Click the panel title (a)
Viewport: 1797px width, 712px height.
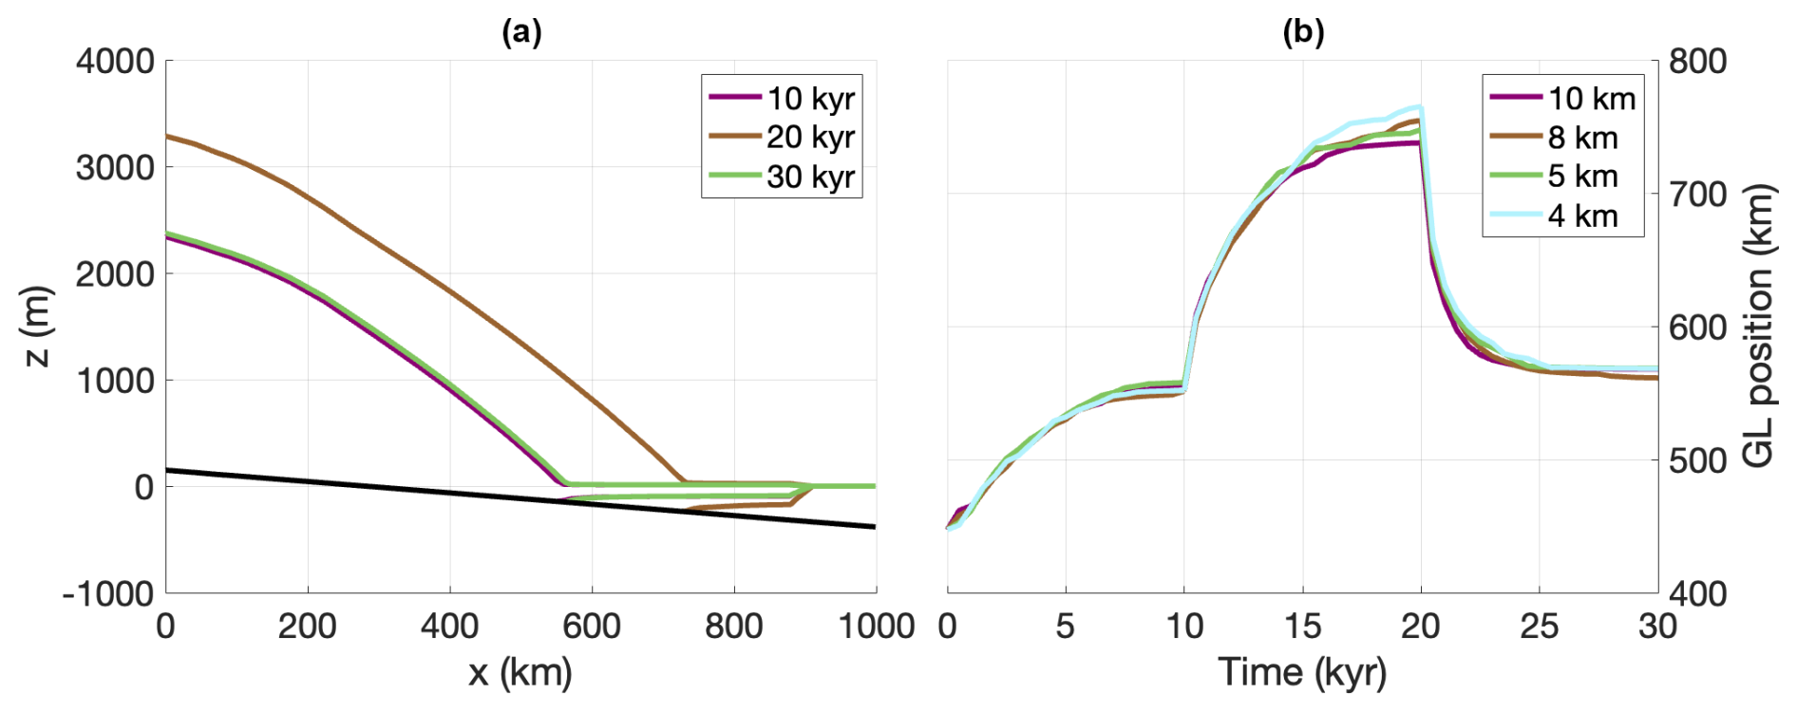[x=521, y=32]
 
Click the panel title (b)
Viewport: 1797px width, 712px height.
[x=1303, y=32]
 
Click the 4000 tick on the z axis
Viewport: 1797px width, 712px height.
[x=115, y=62]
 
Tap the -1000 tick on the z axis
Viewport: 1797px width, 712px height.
[x=108, y=594]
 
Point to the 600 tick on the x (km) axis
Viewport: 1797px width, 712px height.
[x=592, y=627]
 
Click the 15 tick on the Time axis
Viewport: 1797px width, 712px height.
[x=1302, y=627]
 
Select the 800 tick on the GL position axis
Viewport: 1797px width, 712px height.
[x=1698, y=62]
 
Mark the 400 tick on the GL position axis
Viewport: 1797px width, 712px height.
[x=1698, y=594]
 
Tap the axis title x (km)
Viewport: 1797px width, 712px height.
[x=520, y=672]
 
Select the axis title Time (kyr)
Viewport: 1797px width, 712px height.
[x=1302, y=672]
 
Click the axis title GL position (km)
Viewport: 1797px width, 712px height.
[x=1759, y=327]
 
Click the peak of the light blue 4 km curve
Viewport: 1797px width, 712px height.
[x=1419, y=107]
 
